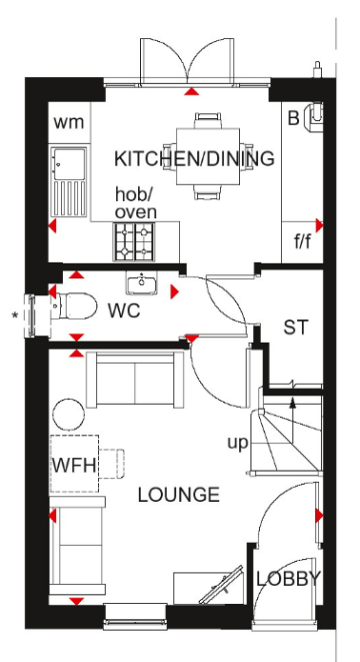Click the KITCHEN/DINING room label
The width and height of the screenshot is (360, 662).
tap(194, 159)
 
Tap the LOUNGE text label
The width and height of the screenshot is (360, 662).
tap(179, 494)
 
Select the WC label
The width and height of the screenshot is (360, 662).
tap(124, 311)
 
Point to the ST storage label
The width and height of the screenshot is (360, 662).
tap(296, 328)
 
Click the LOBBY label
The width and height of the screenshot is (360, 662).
tap(289, 579)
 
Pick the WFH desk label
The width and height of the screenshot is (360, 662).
tap(75, 466)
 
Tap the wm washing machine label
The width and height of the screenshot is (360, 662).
tap(69, 123)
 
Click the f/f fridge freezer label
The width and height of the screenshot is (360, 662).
tap(302, 242)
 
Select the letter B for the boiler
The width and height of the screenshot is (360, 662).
tap(293, 118)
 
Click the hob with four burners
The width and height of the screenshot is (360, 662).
tap(133, 242)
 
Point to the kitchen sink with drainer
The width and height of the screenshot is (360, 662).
tap(70, 182)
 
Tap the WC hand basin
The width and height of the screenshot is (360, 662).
tap(141, 283)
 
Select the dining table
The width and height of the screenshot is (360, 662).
tap(208, 156)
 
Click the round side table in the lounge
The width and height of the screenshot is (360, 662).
tap(69, 414)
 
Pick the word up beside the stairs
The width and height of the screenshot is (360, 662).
tap(237, 444)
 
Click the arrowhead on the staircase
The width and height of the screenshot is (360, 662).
tap(292, 403)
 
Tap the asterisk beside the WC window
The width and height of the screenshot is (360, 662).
tap(15, 315)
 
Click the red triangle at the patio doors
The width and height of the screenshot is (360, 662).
tap(191, 91)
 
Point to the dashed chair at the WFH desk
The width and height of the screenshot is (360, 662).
tap(112, 464)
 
